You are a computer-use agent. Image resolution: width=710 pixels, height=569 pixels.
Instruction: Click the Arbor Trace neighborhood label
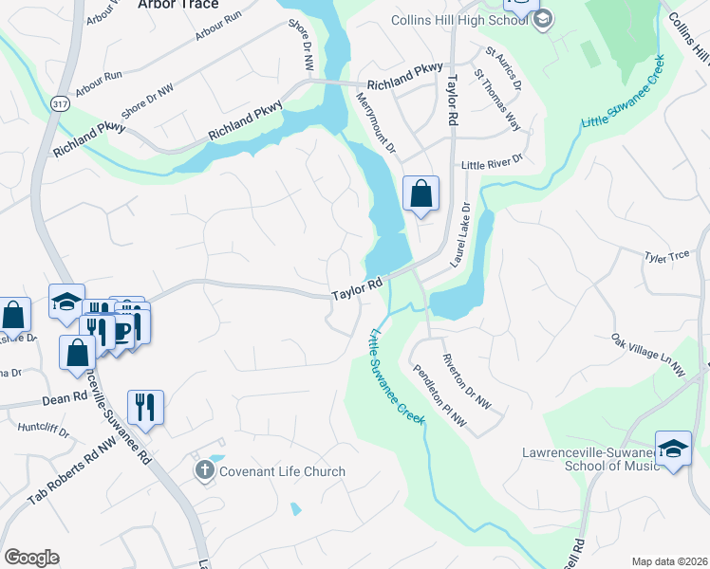[x=177, y=5]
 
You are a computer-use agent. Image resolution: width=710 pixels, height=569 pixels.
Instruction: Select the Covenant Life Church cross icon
[x=204, y=470]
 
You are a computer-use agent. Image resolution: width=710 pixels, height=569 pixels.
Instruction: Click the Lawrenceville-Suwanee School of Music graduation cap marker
[x=672, y=447]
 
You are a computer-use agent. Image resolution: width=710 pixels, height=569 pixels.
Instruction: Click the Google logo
[x=31, y=557]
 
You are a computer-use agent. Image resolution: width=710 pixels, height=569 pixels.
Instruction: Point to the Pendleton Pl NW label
[x=439, y=395]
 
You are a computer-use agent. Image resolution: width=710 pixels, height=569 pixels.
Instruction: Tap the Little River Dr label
[x=492, y=165]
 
